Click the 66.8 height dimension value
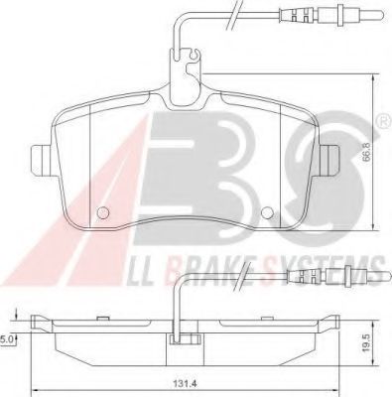pyautogui.click(x=366, y=151)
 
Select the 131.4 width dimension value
pyautogui.click(x=183, y=384)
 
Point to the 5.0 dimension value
pyautogui.click(x=7, y=339)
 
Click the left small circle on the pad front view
pyautogui.click(x=103, y=212)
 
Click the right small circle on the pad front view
pyautogui.click(x=267, y=212)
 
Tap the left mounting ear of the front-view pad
pyautogui.click(x=41, y=161)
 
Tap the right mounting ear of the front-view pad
pyautogui.click(x=329, y=161)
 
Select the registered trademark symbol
pyautogui.click(x=386, y=122)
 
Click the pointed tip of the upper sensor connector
pyautogui.click(x=383, y=14)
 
